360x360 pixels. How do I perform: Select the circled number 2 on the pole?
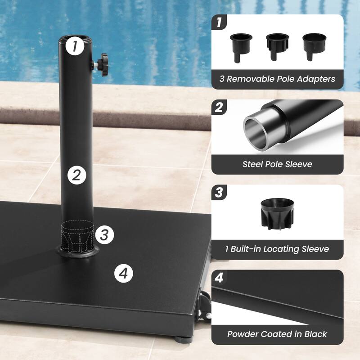coord(77,175)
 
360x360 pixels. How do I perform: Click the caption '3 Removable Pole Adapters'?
coord(277,79)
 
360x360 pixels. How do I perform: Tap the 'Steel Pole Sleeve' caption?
coord(277,164)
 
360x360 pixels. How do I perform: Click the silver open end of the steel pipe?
coord(257,130)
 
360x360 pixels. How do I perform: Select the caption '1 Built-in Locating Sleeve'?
coord(277,249)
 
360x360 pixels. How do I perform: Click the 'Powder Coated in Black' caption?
coord(277,334)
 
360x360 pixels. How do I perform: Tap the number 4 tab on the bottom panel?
coord(219,278)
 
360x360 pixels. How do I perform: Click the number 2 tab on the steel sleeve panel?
coord(219,108)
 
